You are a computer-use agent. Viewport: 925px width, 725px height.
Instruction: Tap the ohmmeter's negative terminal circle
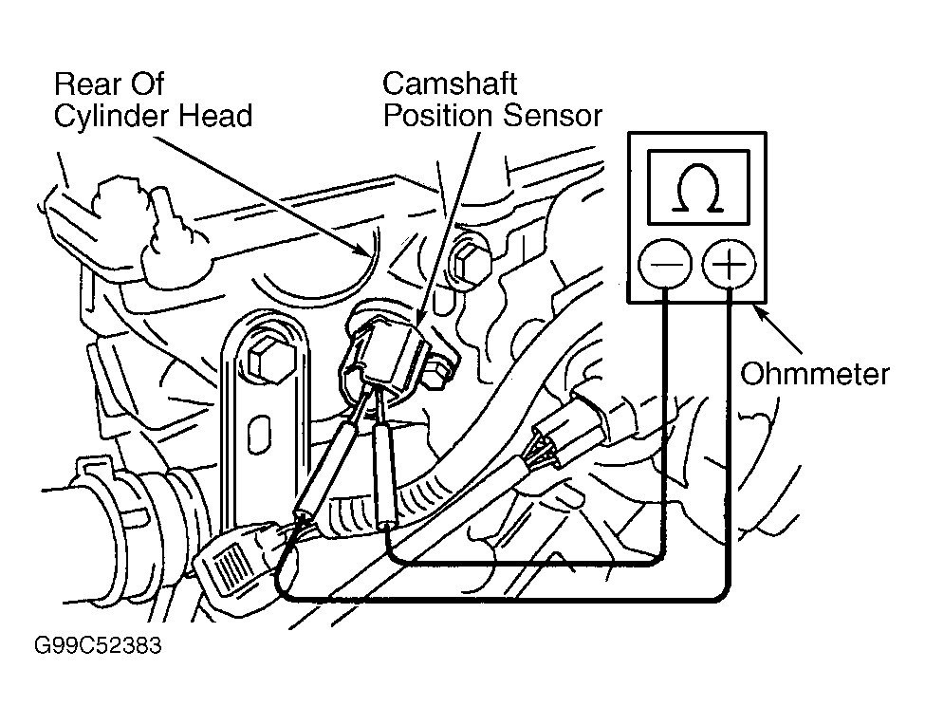tap(665, 263)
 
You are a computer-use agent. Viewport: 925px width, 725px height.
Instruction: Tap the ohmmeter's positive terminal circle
tap(729, 263)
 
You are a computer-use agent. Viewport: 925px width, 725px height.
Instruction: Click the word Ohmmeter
tap(815, 375)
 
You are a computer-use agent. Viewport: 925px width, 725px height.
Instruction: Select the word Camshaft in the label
tap(450, 84)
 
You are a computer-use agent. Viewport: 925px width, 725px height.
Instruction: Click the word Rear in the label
tap(83, 84)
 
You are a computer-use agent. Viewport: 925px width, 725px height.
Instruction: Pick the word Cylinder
tap(112, 117)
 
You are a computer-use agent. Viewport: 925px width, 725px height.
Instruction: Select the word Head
tap(216, 116)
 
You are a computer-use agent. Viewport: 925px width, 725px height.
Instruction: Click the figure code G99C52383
tap(98, 645)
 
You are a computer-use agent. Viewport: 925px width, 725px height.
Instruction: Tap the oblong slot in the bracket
tap(260, 435)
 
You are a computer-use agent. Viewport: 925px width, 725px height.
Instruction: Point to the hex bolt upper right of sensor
tap(471, 264)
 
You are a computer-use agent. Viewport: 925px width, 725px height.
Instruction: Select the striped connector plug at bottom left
tap(233, 561)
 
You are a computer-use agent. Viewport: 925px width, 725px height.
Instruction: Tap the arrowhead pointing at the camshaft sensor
tap(421, 316)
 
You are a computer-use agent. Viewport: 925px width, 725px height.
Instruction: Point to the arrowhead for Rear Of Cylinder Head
tap(362, 251)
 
